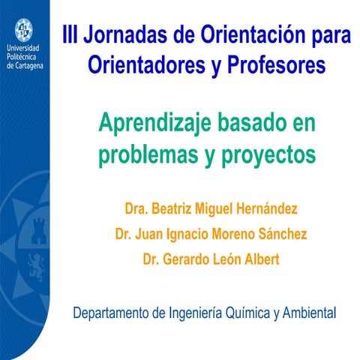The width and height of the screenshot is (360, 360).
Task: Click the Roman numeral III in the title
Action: (x=70, y=35)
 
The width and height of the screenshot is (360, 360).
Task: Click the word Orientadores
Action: (x=142, y=65)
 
